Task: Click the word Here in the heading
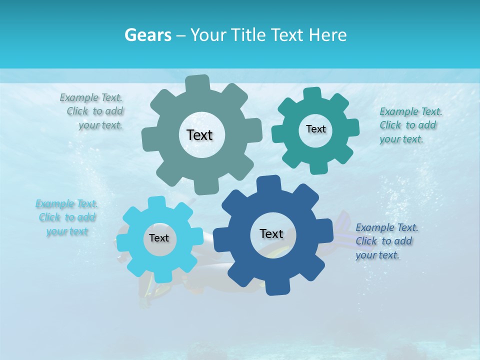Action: click(x=328, y=35)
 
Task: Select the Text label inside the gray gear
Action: click(x=199, y=135)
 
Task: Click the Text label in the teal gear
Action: click(x=315, y=129)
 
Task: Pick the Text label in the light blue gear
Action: click(x=159, y=238)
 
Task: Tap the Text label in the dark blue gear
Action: click(x=271, y=233)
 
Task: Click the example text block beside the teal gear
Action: click(x=410, y=125)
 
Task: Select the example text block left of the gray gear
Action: click(x=93, y=111)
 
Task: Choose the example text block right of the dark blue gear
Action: click(x=386, y=241)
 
